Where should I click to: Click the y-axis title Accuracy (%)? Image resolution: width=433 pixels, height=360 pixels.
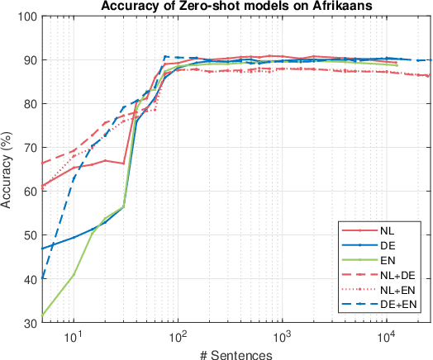pyautogui.click(x=9, y=168)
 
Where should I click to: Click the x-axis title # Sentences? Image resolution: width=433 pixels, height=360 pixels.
pyautogui.click(x=236, y=353)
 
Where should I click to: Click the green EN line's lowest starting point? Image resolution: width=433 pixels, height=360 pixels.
pyautogui.click(x=42, y=315)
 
